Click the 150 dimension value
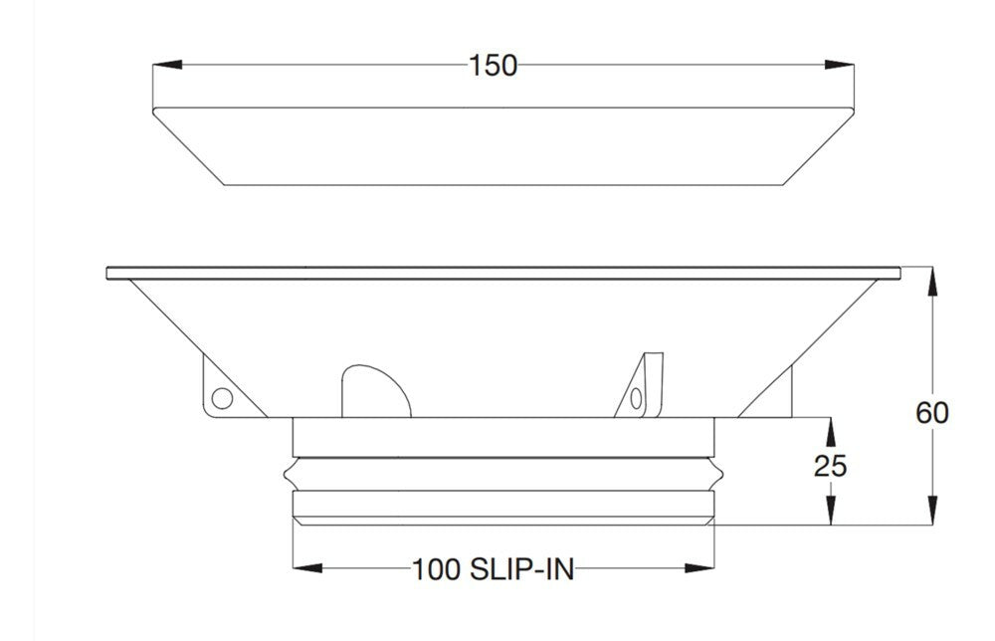pyautogui.click(x=494, y=66)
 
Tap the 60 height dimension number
pyautogui.click(x=932, y=411)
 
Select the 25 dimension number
pyautogui.click(x=831, y=466)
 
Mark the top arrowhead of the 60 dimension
pyautogui.click(x=932, y=281)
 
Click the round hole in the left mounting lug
pyautogui.click(x=222, y=399)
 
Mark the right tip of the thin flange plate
pyautogui.click(x=899, y=272)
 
